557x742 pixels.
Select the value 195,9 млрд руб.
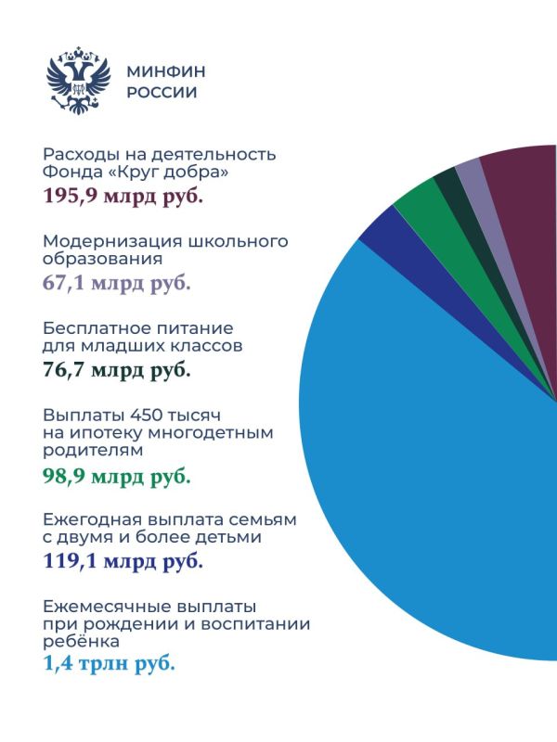(x=123, y=197)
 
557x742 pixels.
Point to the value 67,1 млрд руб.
(x=117, y=283)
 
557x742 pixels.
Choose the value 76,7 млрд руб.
(x=117, y=370)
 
